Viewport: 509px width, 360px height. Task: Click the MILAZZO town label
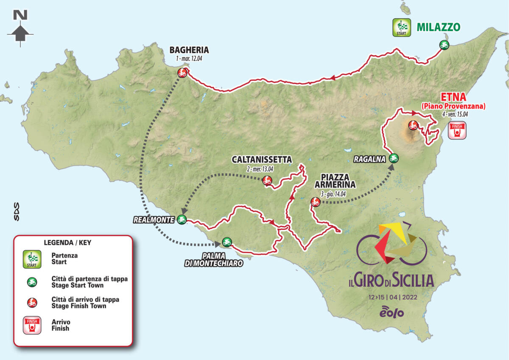tap(438, 27)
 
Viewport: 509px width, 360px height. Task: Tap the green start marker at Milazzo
tap(444, 45)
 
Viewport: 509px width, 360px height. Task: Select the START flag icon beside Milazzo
tap(401, 28)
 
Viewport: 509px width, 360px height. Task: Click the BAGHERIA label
tap(189, 50)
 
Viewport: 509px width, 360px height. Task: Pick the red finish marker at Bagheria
tap(182, 73)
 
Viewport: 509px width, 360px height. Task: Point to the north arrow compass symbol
tap(20, 26)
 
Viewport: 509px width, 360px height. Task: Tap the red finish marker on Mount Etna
tap(413, 125)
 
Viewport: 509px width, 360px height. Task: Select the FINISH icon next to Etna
tap(457, 130)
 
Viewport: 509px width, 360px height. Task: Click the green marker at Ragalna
tap(394, 158)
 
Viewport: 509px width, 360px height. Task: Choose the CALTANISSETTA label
tap(262, 160)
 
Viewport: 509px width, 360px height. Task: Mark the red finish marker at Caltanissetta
tap(267, 181)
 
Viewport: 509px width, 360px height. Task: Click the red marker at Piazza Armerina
tap(315, 202)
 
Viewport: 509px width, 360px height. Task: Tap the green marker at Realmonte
tap(182, 219)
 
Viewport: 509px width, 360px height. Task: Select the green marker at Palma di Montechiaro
tap(227, 242)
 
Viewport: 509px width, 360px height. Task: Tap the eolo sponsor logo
tap(392, 312)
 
